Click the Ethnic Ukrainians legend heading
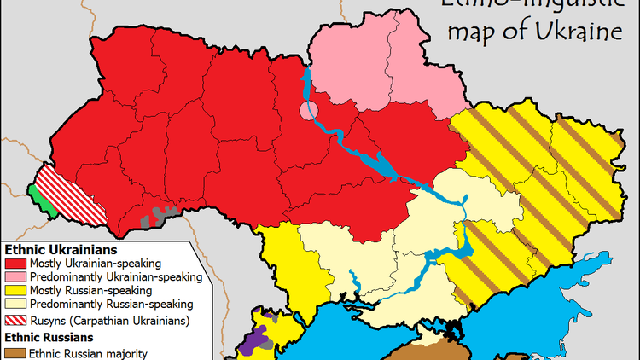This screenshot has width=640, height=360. pyautogui.click(x=60, y=250)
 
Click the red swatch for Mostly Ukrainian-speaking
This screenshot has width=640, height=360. pyautogui.click(x=15, y=264)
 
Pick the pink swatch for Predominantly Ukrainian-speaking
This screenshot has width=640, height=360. pyautogui.click(x=15, y=277)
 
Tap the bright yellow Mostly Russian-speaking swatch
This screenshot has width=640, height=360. pyautogui.click(x=15, y=291)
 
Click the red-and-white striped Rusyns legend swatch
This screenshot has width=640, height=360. pyautogui.click(x=15, y=321)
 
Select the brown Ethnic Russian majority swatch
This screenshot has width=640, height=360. pyautogui.click(x=15, y=352)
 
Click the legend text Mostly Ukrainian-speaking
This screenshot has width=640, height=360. pyautogui.click(x=96, y=264)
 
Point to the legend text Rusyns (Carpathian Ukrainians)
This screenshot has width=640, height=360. pyautogui.click(x=109, y=321)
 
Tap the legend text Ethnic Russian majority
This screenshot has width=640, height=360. pyautogui.click(x=89, y=352)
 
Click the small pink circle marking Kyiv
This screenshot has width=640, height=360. pyautogui.click(x=308, y=110)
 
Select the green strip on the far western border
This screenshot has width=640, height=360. pyautogui.click(x=36, y=189)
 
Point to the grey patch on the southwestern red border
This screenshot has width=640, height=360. pyautogui.click(x=158, y=216)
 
